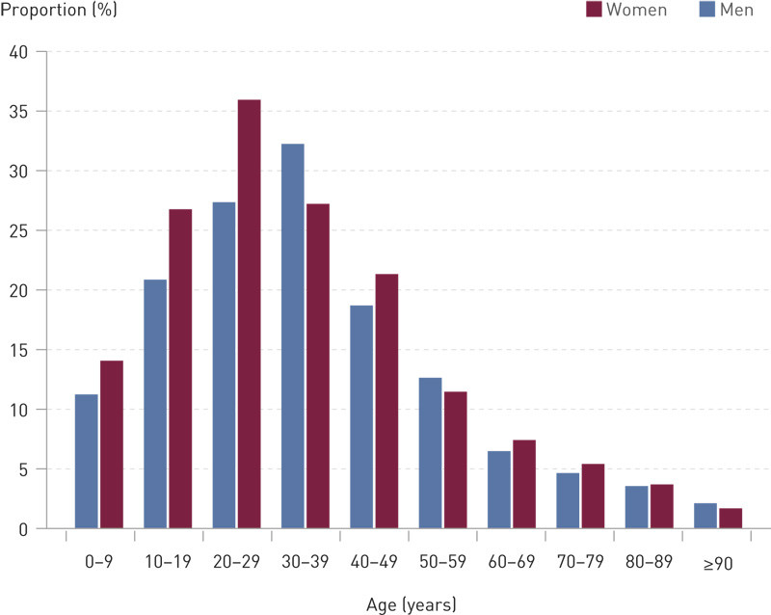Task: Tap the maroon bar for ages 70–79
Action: click(x=594, y=496)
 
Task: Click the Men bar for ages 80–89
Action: click(x=637, y=507)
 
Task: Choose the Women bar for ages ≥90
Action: click(x=731, y=518)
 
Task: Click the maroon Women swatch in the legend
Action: click(x=594, y=10)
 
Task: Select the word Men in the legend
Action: click(x=737, y=10)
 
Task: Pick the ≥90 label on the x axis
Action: click(x=719, y=564)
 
